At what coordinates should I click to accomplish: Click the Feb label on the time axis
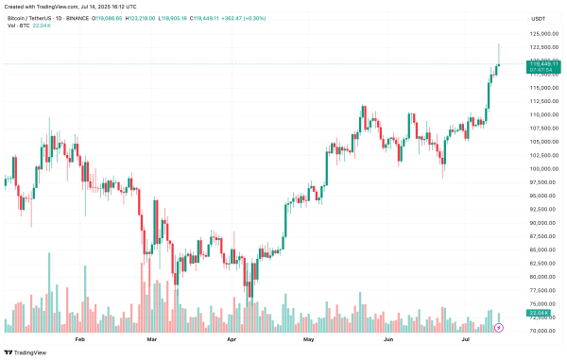pos(79,337)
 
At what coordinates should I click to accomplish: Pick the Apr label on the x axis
pos(232,337)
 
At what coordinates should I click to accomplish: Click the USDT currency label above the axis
pos(539,18)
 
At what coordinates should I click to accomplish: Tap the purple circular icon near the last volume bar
pos(501,327)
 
